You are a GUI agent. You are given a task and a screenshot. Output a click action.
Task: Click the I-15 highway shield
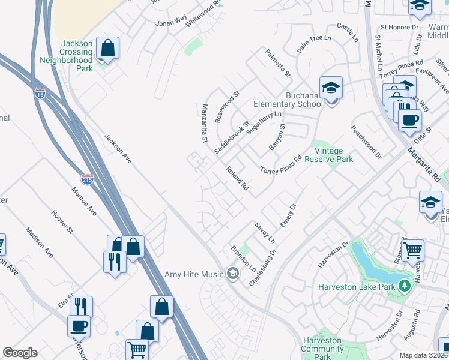pyautogui.click(x=40, y=94)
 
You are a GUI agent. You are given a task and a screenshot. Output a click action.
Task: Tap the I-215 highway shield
pyautogui.click(x=87, y=179)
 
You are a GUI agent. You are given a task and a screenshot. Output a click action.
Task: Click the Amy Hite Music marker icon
pyautogui.click(x=232, y=274)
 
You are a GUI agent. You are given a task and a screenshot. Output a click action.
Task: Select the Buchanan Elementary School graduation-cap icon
pyautogui.click(x=330, y=88)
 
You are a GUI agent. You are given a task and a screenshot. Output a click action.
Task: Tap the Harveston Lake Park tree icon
pyautogui.click(x=406, y=286)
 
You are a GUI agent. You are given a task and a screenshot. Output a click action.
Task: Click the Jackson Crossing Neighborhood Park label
pyautogui.click(x=67, y=56)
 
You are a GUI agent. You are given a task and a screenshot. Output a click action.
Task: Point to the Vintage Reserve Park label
pyautogui.click(x=328, y=155)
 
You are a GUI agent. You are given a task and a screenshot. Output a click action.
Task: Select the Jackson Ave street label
pyautogui.click(x=118, y=148)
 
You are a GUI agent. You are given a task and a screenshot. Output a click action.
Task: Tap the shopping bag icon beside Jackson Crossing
pyautogui.click(x=107, y=48)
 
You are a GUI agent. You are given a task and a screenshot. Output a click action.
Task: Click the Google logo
pyautogui.click(x=20, y=353)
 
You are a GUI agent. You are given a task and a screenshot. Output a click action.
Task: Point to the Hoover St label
pyautogui.click(x=62, y=223)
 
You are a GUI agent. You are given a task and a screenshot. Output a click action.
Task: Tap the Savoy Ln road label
pyautogui.click(x=264, y=233)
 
